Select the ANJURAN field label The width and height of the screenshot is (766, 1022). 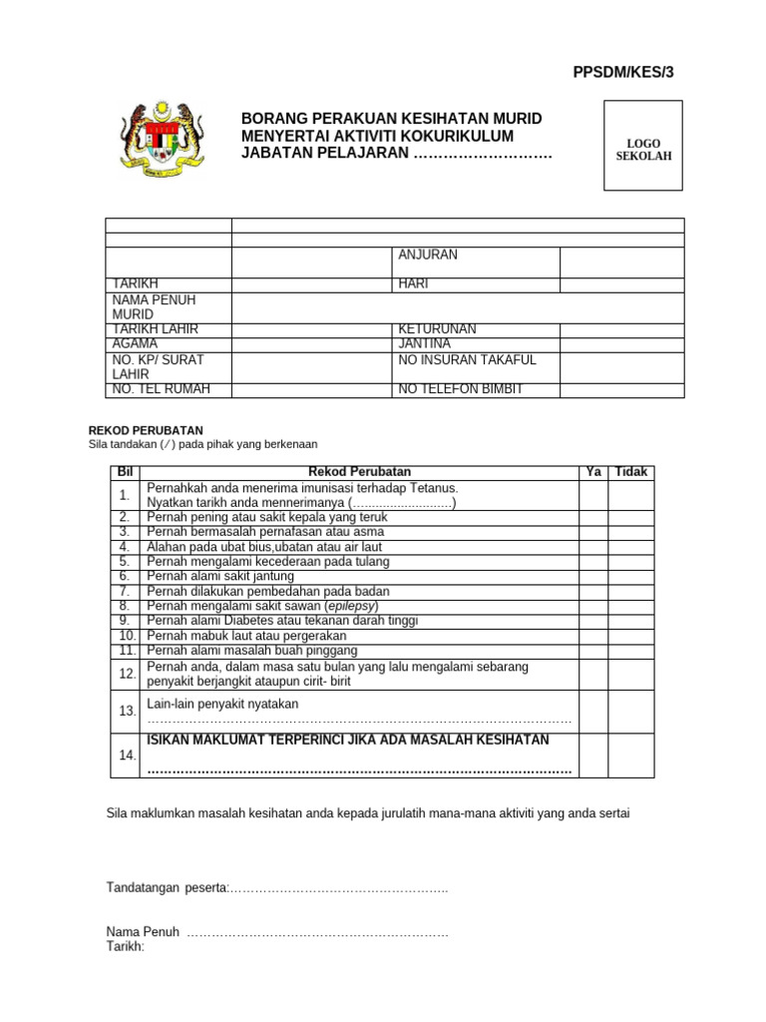tap(428, 255)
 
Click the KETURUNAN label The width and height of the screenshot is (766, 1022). tap(437, 329)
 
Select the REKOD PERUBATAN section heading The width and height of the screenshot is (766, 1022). tap(147, 430)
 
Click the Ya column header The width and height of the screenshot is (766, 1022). tap(593, 471)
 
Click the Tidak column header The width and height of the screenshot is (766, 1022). tap(630, 471)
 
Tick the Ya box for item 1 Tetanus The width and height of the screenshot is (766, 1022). tap(593, 495)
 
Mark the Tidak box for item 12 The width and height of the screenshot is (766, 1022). tap(630, 674)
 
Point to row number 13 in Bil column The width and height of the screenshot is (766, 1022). tap(126, 712)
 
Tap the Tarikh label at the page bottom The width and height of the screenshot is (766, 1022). tap(126, 946)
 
